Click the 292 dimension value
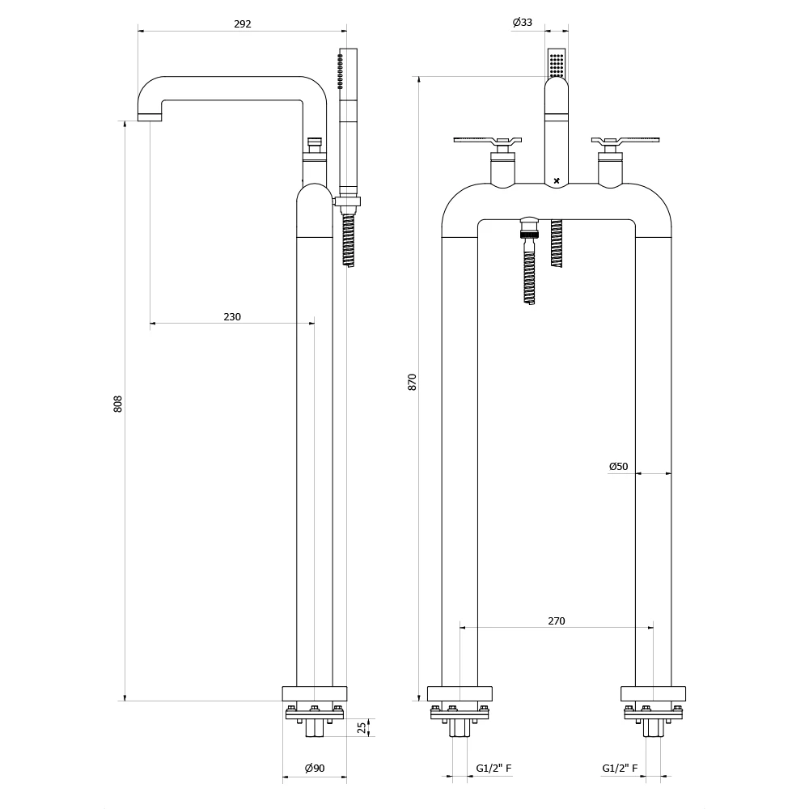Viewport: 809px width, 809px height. [243, 23]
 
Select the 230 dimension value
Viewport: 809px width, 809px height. [232, 316]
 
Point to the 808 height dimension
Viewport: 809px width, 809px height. [118, 404]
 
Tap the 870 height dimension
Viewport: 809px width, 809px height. [412, 382]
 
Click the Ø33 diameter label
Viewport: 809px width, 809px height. [523, 23]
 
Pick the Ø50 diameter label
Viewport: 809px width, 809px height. [618, 466]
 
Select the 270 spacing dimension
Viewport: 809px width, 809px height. [557, 621]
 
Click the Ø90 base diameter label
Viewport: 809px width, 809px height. [314, 769]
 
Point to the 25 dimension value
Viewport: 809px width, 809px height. [362, 727]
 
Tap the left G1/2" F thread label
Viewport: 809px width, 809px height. [493, 769]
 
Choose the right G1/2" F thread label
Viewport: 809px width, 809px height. [621, 769]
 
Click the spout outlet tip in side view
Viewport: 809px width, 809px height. [150, 116]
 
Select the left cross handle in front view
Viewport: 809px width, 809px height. [485, 142]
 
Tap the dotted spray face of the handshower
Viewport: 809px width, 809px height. [557, 63]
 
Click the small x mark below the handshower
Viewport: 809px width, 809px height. [557, 180]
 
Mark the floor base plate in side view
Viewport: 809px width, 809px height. [314, 693]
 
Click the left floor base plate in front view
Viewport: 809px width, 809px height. [460, 693]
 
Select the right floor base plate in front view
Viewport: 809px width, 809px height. [653, 693]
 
